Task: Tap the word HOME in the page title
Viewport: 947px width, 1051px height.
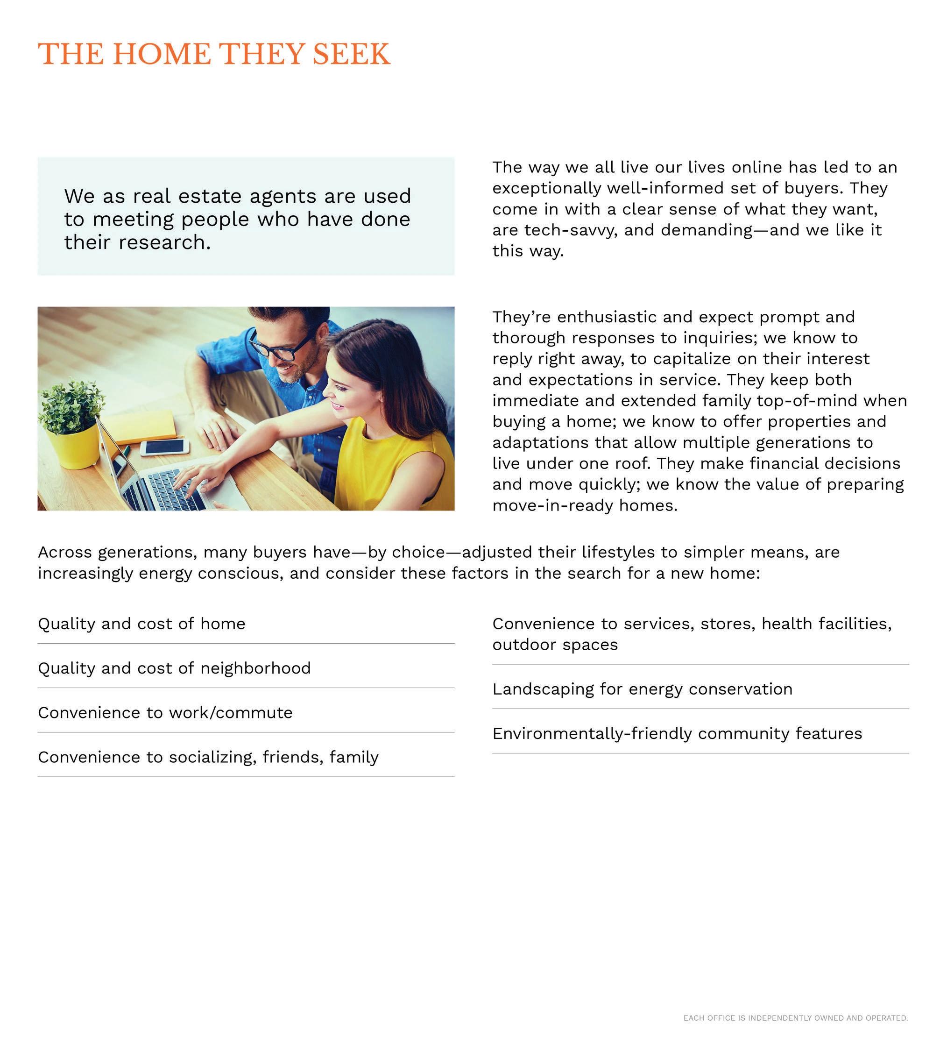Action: click(162, 55)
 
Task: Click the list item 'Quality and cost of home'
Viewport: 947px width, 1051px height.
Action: click(141, 624)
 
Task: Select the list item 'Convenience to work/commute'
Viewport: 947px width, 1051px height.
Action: click(165, 713)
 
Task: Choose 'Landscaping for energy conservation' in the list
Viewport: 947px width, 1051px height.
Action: click(642, 689)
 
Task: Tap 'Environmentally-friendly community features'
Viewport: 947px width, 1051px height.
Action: click(677, 733)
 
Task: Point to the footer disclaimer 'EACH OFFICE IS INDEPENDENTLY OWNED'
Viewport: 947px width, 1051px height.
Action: click(795, 1018)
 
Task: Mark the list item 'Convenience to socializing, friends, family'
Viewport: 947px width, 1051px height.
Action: click(208, 757)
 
